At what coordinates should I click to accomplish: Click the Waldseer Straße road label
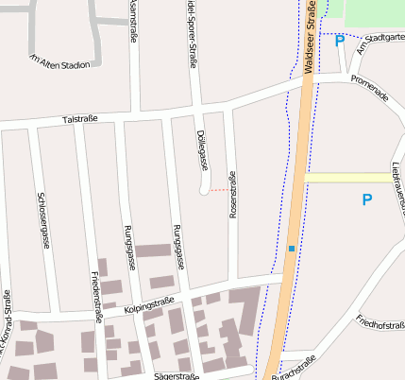tap(309, 43)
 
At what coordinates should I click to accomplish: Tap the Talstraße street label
tap(79, 120)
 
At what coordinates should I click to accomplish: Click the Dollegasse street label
tap(203, 149)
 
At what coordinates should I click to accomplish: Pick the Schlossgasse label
tap(42, 220)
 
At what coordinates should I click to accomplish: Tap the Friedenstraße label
tap(94, 294)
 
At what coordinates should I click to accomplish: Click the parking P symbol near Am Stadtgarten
tap(339, 40)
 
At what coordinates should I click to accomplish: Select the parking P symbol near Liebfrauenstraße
tap(367, 199)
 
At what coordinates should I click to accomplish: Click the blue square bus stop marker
tap(292, 249)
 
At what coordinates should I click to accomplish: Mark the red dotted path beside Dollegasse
tap(219, 190)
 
